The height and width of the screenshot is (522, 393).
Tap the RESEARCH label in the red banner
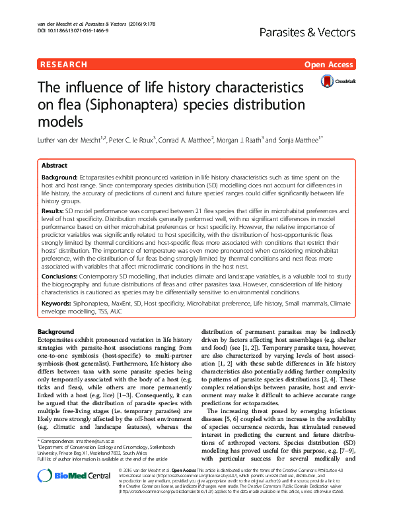pos(64,65)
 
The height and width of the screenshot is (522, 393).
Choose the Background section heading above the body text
pos(55,331)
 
